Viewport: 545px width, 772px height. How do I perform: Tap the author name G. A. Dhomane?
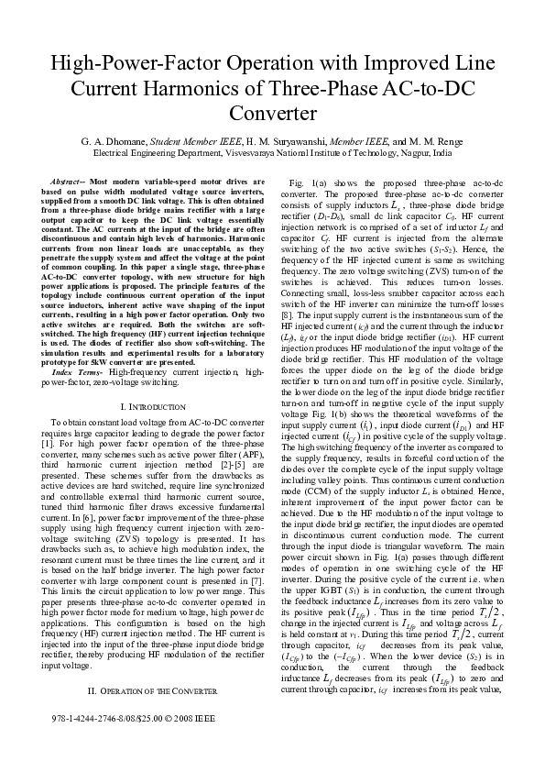[88, 142]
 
